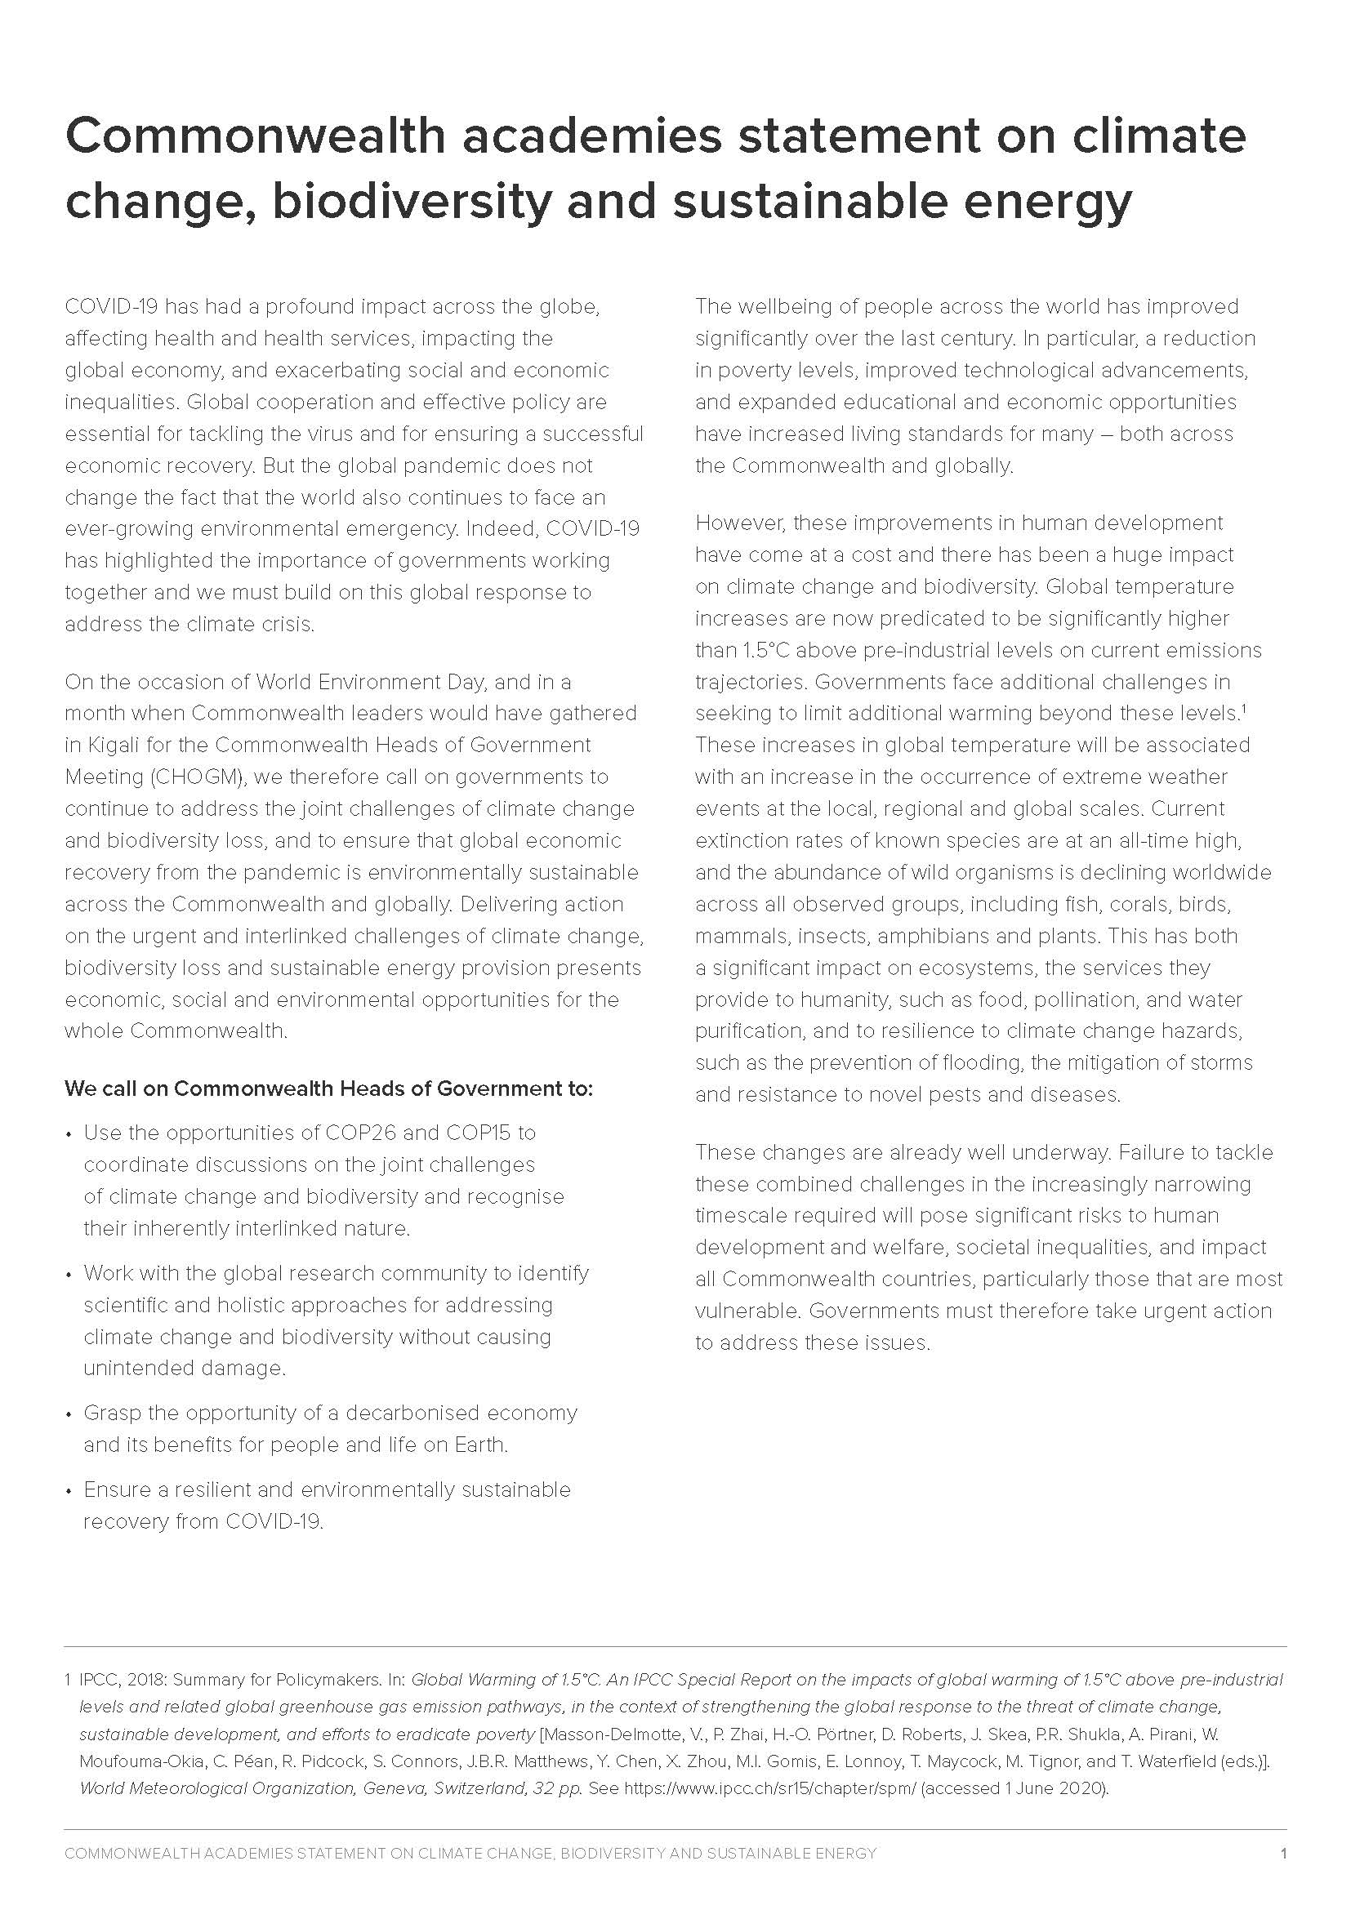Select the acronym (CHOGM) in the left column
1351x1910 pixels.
[x=197, y=777]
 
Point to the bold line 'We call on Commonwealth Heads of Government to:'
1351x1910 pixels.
[x=328, y=1088]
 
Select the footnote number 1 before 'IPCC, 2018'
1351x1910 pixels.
[x=67, y=1680]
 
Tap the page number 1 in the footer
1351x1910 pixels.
[x=1284, y=1854]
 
